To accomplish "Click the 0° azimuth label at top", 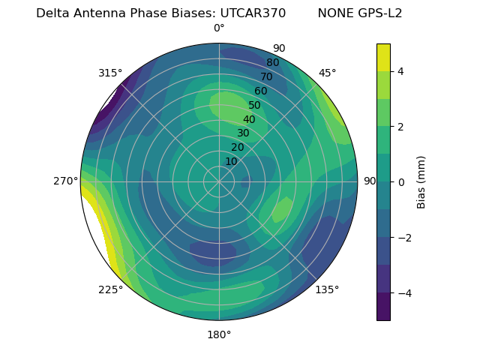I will coord(219,28).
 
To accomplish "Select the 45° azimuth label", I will coord(327,73).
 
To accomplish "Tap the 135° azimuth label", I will coord(327,289).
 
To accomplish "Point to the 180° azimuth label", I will coord(219,334).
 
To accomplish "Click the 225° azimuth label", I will coord(110,289).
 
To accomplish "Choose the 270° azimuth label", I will coord(65,181).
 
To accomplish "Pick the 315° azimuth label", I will coord(110,73).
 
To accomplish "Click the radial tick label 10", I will coord(231,161).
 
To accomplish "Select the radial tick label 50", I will coord(254,105).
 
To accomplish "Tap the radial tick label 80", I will coord(272,63).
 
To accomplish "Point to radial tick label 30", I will coord(243,133).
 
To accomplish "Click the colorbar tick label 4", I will coord(401,71).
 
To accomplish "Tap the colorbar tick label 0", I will coord(401,182).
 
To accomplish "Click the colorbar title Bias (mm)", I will coord(421,182).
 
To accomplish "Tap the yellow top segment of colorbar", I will coord(383,57).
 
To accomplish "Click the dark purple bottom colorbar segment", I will coord(383,307).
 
